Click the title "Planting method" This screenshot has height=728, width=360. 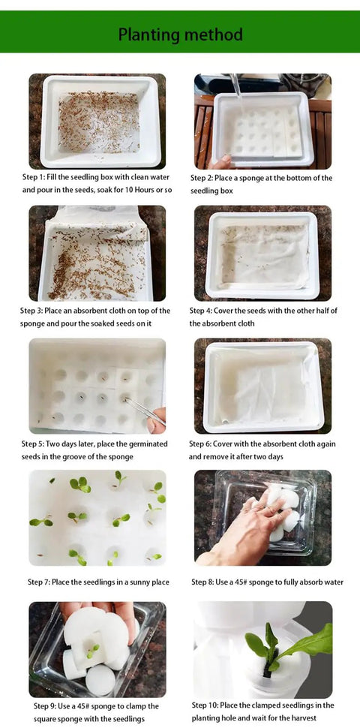pos(180,35)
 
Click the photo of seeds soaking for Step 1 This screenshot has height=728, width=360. pos(97,121)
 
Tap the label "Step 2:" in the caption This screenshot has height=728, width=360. pos(201,178)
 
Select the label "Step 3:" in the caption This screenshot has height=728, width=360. pos(31,311)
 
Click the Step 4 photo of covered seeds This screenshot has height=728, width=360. pos(262,254)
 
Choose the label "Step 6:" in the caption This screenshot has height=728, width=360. pos(200,444)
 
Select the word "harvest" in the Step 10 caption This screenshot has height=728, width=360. pos(304,717)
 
